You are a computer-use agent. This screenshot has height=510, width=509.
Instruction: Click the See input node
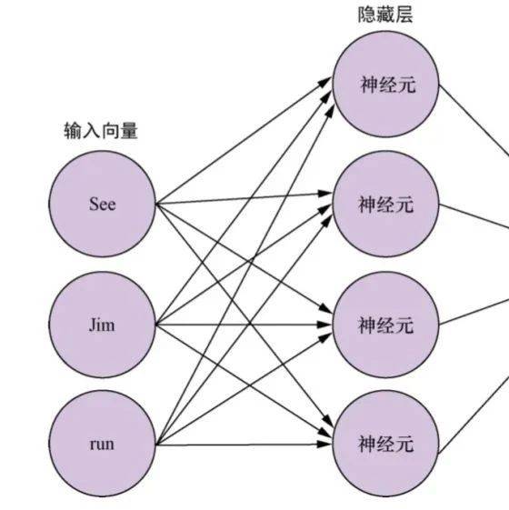[102, 204]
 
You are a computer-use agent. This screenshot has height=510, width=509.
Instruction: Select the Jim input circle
[102, 325]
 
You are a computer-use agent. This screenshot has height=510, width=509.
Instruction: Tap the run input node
[102, 444]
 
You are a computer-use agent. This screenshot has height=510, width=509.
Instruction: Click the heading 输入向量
[101, 131]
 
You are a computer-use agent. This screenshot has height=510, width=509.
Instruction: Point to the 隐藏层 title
[385, 15]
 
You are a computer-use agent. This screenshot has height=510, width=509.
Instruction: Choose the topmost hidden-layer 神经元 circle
[385, 85]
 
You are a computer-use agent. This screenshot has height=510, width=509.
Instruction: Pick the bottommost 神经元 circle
[385, 444]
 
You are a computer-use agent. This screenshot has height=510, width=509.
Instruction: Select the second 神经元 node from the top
[385, 204]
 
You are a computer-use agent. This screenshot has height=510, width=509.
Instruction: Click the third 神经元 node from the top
[385, 325]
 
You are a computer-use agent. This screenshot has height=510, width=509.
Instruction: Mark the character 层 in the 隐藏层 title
[404, 15]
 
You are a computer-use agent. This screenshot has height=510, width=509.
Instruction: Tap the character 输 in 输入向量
[73, 131]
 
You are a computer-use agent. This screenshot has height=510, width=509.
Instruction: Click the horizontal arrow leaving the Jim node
[244, 325]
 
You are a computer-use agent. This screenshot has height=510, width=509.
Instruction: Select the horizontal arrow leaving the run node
[244, 445]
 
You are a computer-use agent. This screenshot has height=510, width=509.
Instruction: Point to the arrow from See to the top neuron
[244, 141]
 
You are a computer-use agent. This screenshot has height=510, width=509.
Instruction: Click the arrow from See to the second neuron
[244, 199]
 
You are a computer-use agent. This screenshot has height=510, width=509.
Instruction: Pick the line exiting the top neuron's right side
[474, 120]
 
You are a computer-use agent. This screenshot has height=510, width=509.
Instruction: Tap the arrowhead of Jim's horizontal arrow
[324, 325]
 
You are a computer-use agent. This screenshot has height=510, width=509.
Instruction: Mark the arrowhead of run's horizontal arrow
[324, 445]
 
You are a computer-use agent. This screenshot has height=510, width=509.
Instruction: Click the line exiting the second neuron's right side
[474, 217]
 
